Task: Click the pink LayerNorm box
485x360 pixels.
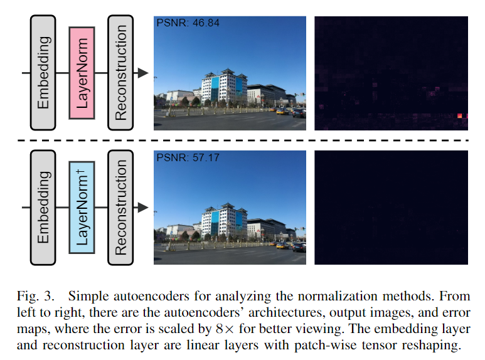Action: click(82, 73)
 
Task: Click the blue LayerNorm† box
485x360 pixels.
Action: click(82, 206)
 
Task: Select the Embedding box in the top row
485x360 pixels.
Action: click(43, 73)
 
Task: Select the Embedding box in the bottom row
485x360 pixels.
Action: click(43, 206)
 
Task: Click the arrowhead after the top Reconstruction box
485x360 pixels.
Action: click(143, 73)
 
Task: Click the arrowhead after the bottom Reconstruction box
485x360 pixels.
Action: click(143, 207)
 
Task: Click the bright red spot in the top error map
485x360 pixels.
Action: click(462, 115)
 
